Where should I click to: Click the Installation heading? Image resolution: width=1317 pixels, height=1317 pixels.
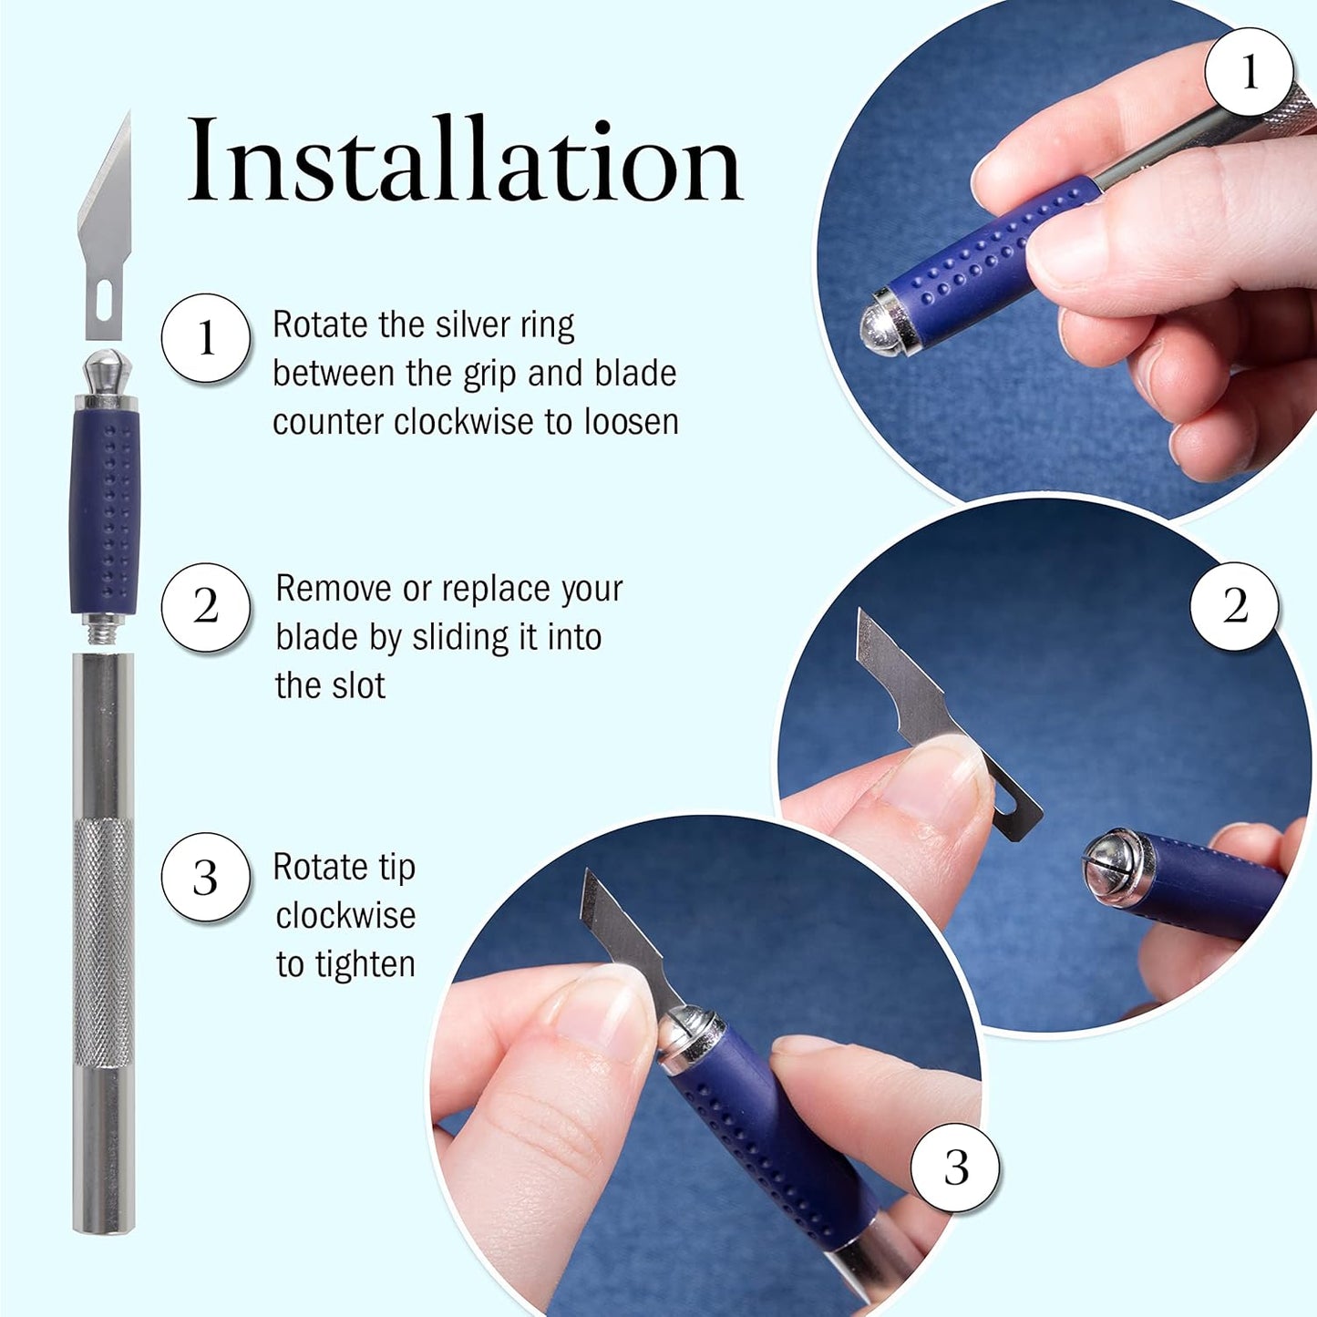(465, 162)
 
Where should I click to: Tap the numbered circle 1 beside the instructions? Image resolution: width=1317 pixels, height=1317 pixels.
(206, 338)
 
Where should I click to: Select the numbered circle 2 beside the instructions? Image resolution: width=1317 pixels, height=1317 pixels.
(206, 607)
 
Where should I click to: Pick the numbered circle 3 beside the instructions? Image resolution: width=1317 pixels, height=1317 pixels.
(206, 877)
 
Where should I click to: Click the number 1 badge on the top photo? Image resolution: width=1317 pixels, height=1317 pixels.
(1249, 71)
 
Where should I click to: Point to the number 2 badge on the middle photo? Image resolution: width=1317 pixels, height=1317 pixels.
(1235, 606)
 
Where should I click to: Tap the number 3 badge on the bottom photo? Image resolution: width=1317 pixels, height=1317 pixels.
(955, 1168)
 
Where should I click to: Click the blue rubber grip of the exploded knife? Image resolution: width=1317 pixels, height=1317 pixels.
(105, 510)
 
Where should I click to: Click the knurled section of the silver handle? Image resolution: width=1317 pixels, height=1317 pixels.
(103, 939)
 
